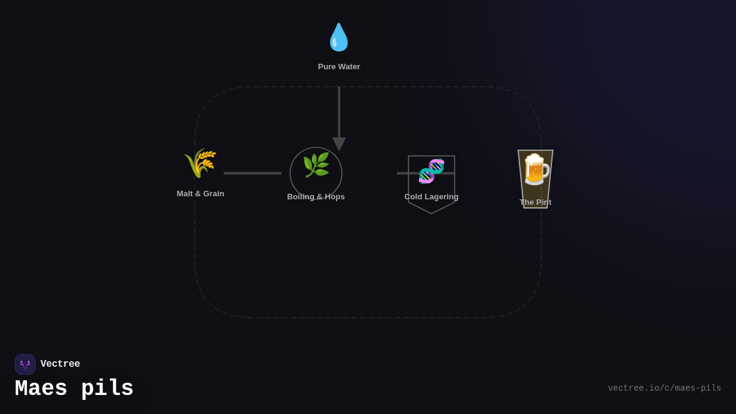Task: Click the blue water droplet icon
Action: [x=339, y=37]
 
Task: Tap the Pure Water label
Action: [x=339, y=67]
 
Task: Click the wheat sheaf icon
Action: [x=200, y=163]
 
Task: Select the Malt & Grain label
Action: [x=201, y=194]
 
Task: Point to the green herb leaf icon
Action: [x=316, y=166]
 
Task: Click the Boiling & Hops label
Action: [x=316, y=197]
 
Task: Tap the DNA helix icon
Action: [x=431, y=171]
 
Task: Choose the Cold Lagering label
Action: [x=431, y=197]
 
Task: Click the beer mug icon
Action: [x=535, y=170]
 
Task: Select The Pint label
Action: [x=535, y=202]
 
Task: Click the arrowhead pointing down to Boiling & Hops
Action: [x=339, y=144]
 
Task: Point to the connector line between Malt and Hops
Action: [x=252, y=174]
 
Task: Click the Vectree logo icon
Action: [x=25, y=364]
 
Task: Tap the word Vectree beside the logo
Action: [x=60, y=364]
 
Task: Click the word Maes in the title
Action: [x=41, y=389]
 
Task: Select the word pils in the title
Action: [x=107, y=389]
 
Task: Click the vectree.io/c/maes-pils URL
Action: [x=664, y=388]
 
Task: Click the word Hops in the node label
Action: [x=334, y=197]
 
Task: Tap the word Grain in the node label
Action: [x=213, y=194]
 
